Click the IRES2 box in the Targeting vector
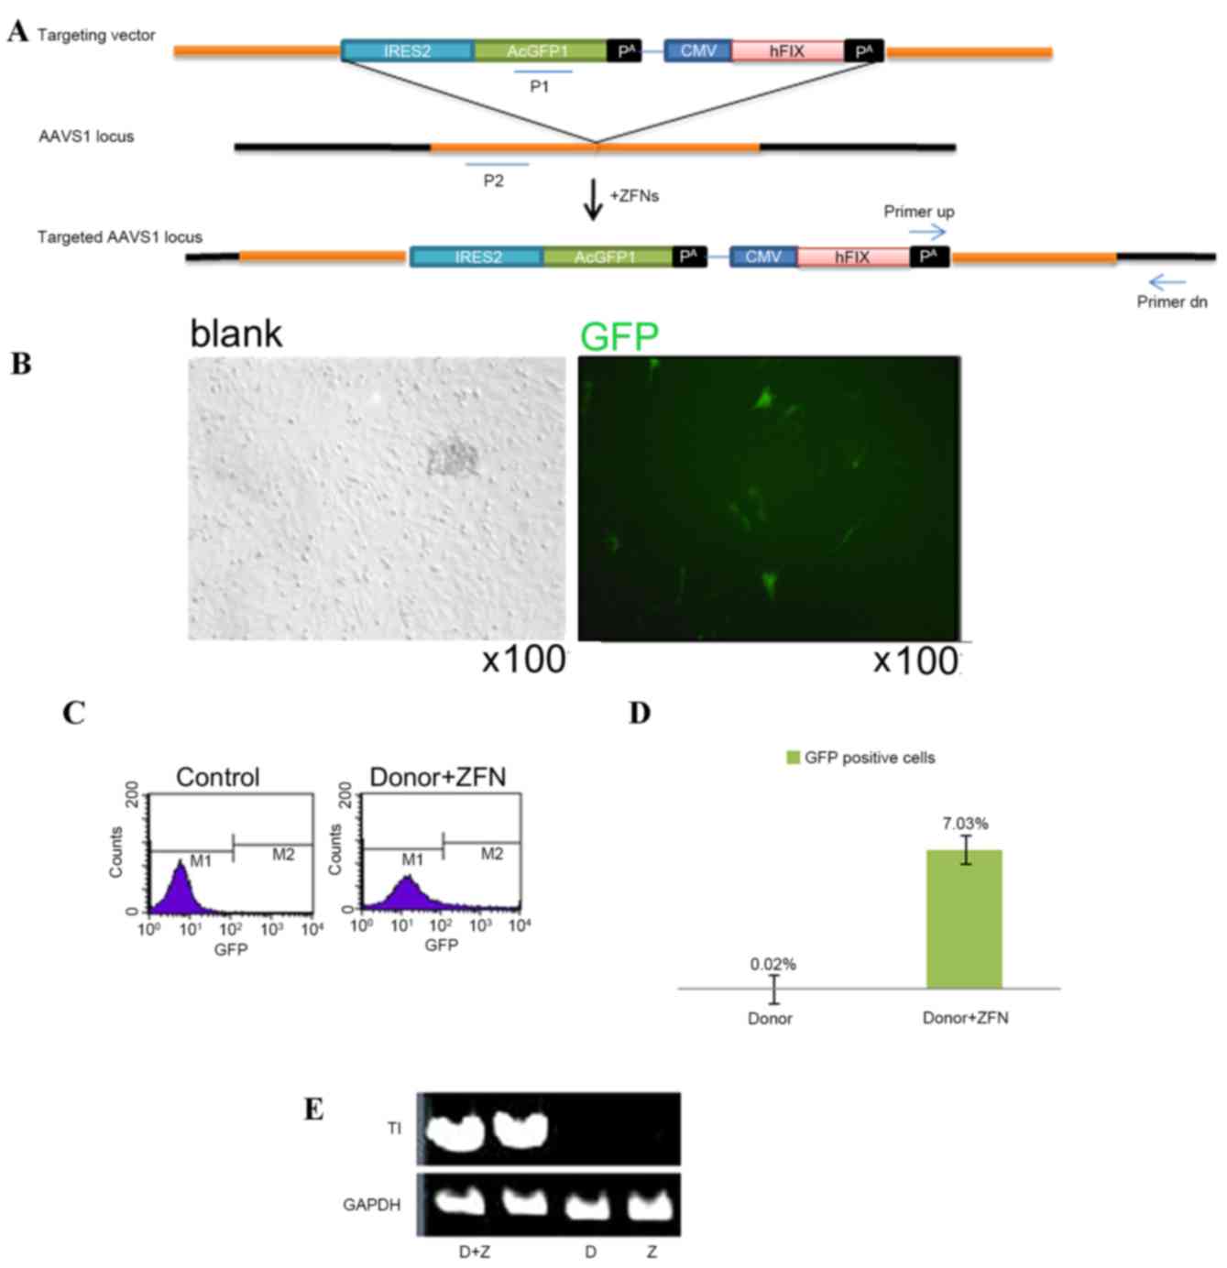click(408, 51)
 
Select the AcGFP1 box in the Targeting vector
click(539, 51)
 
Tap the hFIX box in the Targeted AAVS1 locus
click(852, 257)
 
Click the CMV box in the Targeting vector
click(697, 51)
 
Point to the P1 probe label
click(540, 87)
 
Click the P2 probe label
click(494, 181)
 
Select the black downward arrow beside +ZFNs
click(594, 200)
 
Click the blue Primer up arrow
click(927, 233)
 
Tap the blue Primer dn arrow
click(1167, 282)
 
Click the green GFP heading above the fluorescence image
click(619, 337)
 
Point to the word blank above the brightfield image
click(236, 333)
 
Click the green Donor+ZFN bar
click(964, 919)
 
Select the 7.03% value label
click(966, 824)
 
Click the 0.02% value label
click(772, 964)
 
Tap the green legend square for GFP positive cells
click(794, 758)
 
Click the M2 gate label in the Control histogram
click(283, 855)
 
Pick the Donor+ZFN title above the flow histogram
click(437, 777)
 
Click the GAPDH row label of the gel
click(371, 1205)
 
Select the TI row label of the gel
click(394, 1129)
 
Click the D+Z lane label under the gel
click(474, 1252)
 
